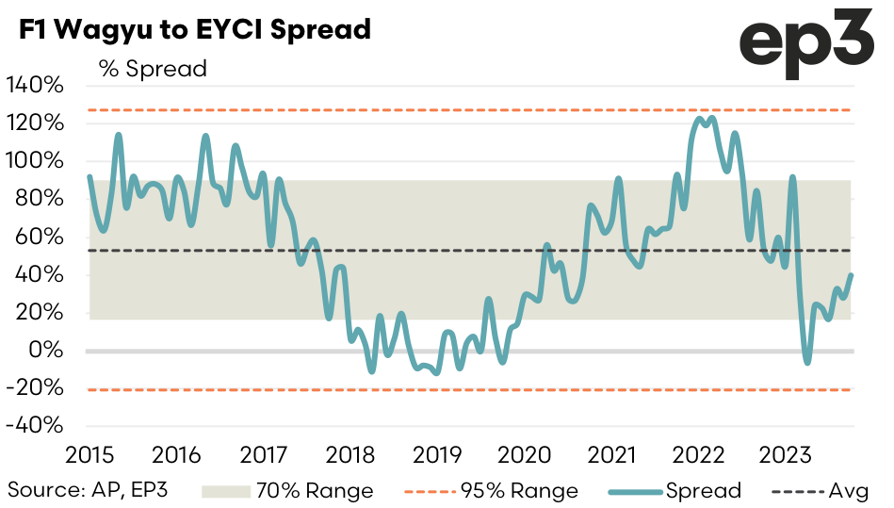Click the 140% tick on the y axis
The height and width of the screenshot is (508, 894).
[x=35, y=85]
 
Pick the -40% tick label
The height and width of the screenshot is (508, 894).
[x=35, y=425]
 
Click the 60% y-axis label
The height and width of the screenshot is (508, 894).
[x=39, y=237]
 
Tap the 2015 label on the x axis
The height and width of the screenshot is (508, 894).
[x=89, y=456]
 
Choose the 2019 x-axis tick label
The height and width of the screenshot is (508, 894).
[x=438, y=456]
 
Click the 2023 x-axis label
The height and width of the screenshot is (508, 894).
[x=788, y=456]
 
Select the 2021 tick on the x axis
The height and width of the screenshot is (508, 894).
[x=613, y=456]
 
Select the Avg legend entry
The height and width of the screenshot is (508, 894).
[x=821, y=491]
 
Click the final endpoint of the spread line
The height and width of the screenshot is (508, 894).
[x=851, y=275]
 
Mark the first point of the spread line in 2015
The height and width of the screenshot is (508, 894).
[x=89, y=176]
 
